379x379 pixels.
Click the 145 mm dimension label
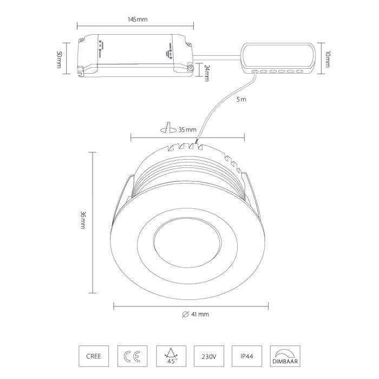[x=138, y=19]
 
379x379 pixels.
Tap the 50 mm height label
[x=59, y=60]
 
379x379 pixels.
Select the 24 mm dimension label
[x=207, y=73]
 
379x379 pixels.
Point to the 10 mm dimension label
[x=327, y=59]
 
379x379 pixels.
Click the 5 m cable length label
[x=241, y=99]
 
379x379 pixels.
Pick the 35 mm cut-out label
[x=187, y=130]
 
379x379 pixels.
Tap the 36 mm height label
[x=83, y=220]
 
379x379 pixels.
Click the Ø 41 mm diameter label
[x=195, y=314]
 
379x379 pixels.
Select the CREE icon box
[x=94, y=356]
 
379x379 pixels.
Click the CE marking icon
[x=132, y=356]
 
